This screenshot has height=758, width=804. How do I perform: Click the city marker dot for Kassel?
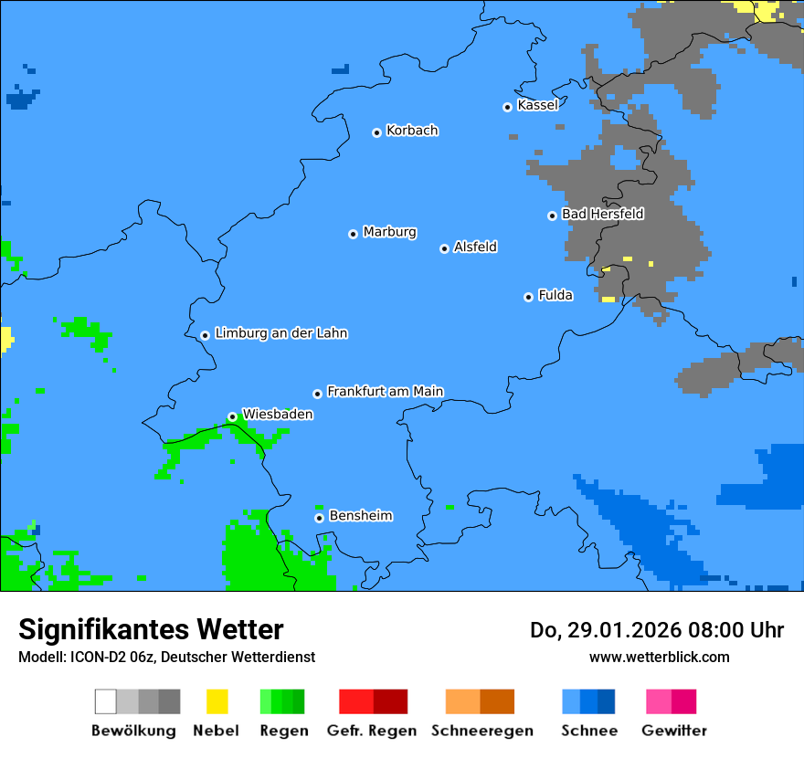point(507,107)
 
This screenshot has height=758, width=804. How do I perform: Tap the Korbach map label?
point(412,131)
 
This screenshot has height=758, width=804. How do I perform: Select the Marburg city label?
point(389,232)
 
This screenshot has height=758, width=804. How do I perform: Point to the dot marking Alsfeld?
point(444,248)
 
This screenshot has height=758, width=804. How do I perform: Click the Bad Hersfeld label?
point(602,214)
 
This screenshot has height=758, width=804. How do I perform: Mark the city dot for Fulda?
point(528,297)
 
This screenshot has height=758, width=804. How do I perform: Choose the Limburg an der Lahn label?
point(280,333)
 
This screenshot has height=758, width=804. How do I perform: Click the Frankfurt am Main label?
point(385,392)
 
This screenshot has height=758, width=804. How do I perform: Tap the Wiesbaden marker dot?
point(232,416)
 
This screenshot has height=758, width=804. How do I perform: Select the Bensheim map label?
point(360,516)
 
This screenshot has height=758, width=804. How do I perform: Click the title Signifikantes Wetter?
point(151,629)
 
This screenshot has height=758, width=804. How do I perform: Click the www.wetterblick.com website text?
point(659,657)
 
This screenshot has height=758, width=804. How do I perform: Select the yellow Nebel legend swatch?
point(217,701)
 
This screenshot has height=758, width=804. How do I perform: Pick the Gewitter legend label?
point(673,731)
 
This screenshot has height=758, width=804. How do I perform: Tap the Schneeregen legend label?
point(481,731)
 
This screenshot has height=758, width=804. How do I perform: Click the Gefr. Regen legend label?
point(371,731)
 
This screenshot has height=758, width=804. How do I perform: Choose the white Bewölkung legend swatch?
point(106,701)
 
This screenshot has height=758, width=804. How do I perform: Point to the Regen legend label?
point(283,731)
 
